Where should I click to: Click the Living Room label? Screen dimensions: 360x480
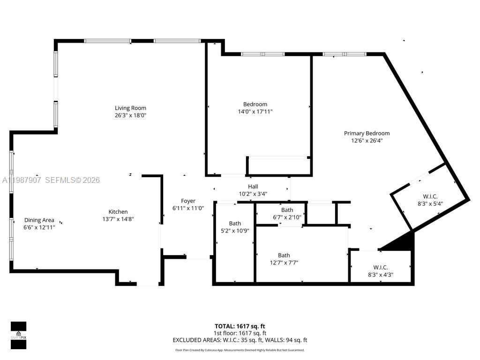(x=130, y=108)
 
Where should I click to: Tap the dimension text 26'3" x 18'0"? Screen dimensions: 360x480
(x=130, y=115)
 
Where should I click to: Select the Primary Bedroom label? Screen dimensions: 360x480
(x=367, y=133)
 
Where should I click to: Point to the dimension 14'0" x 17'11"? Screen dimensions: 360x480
(x=255, y=112)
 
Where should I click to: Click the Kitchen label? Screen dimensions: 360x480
(x=118, y=212)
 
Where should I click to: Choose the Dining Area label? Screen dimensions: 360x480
(x=39, y=220)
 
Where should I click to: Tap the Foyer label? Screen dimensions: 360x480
(x=188, y=201)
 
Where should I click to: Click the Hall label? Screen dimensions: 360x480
(x=253, y=187)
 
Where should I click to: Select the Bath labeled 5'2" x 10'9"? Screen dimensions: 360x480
(x=235, y=224)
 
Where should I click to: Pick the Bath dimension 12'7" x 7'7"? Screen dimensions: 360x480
(x=284, y=262)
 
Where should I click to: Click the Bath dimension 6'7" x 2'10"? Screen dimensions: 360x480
(x=287, y=217)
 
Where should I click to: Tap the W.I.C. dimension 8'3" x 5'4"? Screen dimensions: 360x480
(x=430, y=204)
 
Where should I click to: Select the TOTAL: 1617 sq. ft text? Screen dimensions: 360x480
(x=240, y=326)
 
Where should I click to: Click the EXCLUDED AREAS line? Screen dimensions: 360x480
(x=240, y=340)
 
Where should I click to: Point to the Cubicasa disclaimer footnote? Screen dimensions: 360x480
(x=240, y=350)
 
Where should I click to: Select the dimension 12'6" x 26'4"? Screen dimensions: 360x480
(x=367, y=140)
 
